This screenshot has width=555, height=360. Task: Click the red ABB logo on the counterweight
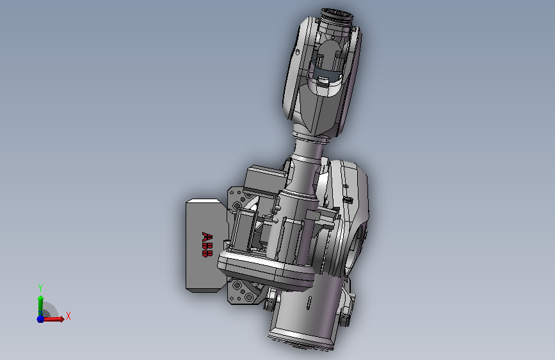click(207, 245)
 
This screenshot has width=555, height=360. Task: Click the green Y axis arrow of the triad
click(40, 306)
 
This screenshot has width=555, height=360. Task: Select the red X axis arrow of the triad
click(52, 319)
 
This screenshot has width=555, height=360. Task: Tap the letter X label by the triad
click(68, 316)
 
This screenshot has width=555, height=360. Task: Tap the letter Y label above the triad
click(40, 288)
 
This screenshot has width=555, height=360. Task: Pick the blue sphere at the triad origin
click(40, 319)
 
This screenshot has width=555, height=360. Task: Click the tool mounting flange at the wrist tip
click(337, 15)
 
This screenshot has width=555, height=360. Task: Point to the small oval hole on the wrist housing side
click(297, 52)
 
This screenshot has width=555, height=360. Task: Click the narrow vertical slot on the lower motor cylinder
click(309, 303)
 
